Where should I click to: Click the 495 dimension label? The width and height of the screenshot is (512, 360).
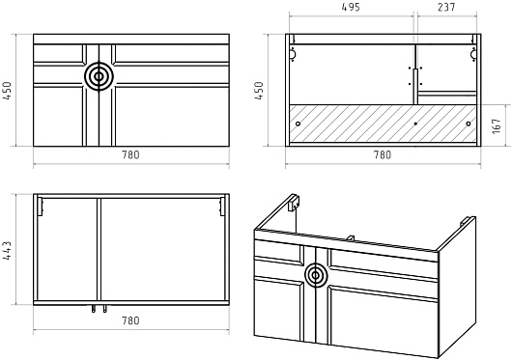coord(351,7)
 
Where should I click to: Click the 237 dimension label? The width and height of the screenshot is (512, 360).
coord(446,7)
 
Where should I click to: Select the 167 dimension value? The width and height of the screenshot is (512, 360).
coord(497,125)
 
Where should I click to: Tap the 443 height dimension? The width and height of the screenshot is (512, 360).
coord(7,250)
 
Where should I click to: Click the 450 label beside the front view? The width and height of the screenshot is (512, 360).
coord(7,91)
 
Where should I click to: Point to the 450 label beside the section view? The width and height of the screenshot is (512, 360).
coord(259,91)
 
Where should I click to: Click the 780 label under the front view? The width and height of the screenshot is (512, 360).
coord(131,154)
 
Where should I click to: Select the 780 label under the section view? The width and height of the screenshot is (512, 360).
coord(383,154)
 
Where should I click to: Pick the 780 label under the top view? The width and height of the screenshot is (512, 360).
coord(131,320)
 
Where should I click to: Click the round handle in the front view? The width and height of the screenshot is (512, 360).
coord(99,76)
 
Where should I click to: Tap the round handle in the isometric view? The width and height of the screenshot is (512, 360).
coord(316,275)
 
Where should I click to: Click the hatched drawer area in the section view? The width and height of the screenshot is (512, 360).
coord(383,124)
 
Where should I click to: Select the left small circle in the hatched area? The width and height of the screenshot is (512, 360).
coord(298,124)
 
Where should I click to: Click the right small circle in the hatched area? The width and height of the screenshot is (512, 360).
coord(469,124)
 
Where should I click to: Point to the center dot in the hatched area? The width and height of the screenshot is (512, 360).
coord(415,124)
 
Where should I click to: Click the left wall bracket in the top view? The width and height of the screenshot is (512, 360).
coord(41,207)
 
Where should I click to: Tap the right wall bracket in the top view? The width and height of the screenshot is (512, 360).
coord(222,207)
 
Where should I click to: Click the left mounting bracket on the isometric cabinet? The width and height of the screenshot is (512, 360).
coord(295,203)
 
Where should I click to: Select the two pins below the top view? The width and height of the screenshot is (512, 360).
coord(100,309)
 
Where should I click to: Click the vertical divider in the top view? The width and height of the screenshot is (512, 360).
coord(99,249)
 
